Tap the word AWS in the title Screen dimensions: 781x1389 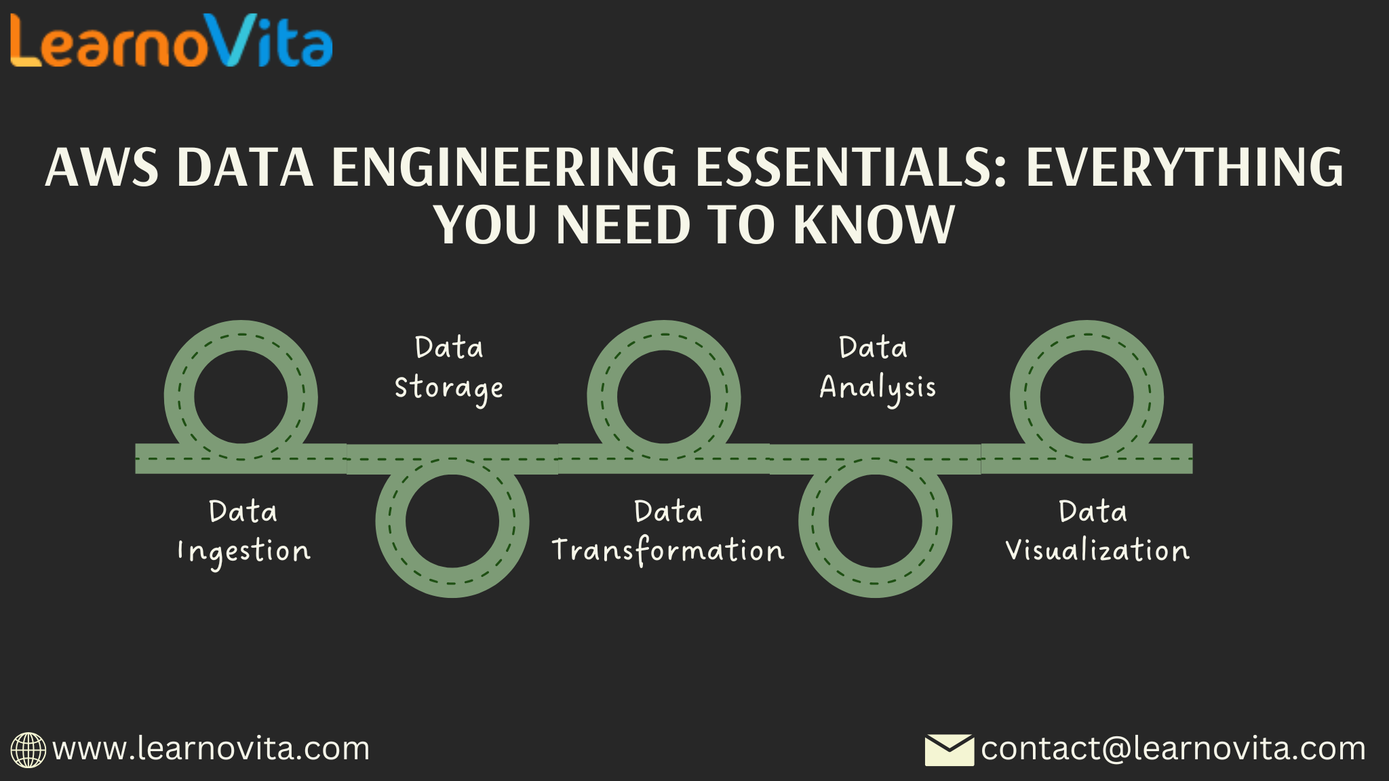point(102,167)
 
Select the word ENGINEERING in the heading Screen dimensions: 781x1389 point(504,167)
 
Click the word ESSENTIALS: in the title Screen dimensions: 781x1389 point(852,167)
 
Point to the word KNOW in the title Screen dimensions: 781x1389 point(874,225)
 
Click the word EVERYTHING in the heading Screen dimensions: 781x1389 point(1184,167)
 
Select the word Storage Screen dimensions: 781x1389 point(448,388)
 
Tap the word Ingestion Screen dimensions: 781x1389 point(243,552)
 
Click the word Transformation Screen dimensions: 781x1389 point(668,550)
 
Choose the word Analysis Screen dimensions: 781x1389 point(878,388)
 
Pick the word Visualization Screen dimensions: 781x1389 point(1097,550)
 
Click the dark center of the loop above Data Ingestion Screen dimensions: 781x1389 point(241,397)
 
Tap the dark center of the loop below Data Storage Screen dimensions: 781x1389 point(452,521)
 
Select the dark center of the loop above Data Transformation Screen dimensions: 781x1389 point(664,397)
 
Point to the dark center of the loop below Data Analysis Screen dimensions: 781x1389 point(875,521)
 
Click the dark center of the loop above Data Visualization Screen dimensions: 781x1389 point(1087,397)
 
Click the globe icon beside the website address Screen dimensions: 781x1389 point(28,750)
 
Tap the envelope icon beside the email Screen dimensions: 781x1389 point(950,750)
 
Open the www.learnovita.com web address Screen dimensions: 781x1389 point(211,748)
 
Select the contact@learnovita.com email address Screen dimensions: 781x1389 point(1173,748)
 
